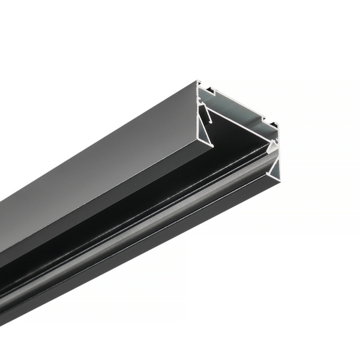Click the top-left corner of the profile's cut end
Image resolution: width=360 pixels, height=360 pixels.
click(199, 82)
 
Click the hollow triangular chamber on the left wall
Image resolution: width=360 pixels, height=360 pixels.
click(208, 123)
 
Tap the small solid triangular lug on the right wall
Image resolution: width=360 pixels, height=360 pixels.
click(273, 145)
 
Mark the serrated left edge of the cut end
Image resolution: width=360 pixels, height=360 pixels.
click(199, 114)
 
